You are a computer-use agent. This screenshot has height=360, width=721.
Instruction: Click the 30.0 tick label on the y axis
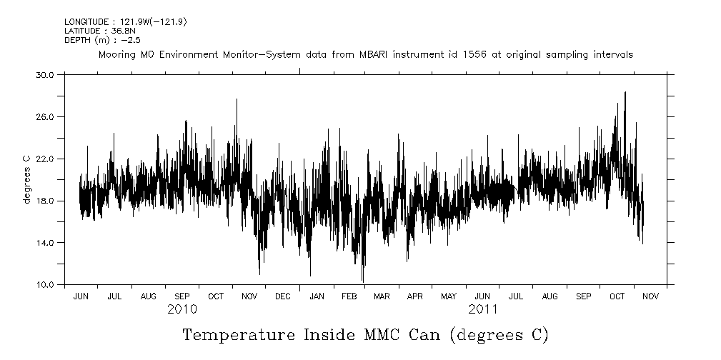(x=46, y=74)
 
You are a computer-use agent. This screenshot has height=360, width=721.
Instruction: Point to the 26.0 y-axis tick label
(x=46, y=116)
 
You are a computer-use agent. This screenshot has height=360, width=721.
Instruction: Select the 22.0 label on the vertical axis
(x=46, y=159)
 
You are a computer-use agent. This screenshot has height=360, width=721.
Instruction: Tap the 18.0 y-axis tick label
(x=46, y=201)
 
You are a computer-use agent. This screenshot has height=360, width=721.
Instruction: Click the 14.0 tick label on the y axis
(x=46, y=243)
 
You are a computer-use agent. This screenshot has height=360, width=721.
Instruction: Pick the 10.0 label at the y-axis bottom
(x=46, y=285)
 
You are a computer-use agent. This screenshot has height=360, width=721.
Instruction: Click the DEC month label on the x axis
(x=283, y=296)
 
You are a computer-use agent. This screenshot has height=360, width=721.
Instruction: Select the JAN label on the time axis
(x=317, y=296)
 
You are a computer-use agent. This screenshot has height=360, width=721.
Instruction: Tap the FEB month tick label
(x=349, y=296)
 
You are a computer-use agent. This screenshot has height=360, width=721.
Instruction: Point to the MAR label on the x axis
(x=382, y=296)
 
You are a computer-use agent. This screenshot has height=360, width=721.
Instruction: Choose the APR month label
(x=414, y=296)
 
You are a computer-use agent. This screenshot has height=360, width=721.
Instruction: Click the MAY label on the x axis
(x=448, y=296)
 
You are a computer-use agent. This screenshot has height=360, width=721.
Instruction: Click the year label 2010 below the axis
(x=182, y=309)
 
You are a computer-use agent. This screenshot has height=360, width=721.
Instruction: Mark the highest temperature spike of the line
(x=625, y=92)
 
